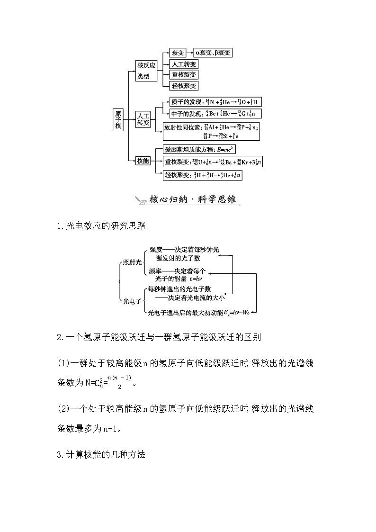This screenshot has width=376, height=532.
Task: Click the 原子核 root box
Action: tap(118, 119)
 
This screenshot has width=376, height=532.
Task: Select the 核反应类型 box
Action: tap(146, 70)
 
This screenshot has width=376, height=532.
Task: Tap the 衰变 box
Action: tap(178, 53)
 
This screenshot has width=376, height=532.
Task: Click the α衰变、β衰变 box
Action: tap(213, 53)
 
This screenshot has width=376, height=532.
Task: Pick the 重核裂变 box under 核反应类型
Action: tap(184, 75)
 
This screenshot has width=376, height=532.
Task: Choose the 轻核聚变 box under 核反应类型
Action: tap(184, 86)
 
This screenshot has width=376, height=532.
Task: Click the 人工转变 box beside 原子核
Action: tap(143, 119)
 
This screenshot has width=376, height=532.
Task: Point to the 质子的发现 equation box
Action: tap(212, 102)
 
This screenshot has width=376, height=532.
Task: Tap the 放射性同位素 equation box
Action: tap(211, 131)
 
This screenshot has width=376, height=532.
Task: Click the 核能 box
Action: tap(143, 161)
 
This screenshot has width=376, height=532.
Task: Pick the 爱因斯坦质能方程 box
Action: tap(199, 149)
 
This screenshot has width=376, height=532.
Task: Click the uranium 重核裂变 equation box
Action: tap(213, 162)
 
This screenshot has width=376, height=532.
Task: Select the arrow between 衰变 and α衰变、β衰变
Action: tap(190, 53)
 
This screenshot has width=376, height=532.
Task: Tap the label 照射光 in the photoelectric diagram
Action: tap(132, 262)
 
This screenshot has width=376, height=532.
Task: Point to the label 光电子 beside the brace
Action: tap(132, 301)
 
